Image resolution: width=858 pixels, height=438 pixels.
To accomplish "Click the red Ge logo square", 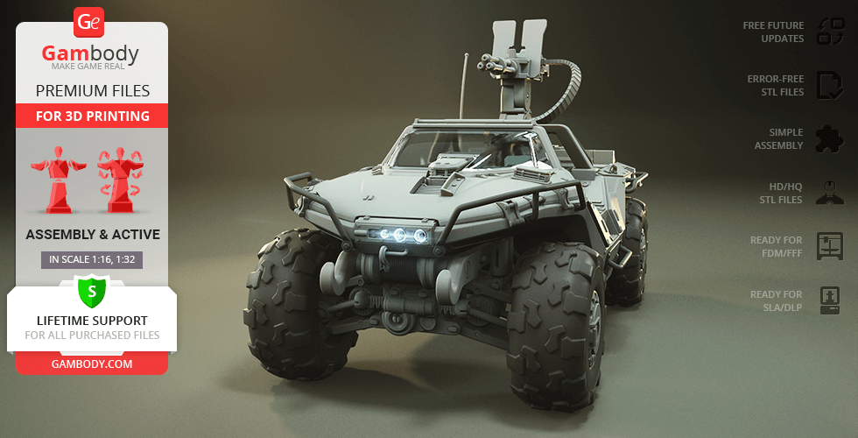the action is (88, 23).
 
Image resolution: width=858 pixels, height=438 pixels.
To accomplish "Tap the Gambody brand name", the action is (90, 53).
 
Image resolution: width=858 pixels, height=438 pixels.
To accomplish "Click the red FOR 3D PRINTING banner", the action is (92, 116).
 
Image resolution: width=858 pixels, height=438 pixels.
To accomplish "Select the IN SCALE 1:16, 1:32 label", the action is (92, 259).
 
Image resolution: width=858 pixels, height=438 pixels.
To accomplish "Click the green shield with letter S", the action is (92, 292).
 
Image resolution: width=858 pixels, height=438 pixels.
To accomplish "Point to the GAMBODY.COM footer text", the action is (92, 364).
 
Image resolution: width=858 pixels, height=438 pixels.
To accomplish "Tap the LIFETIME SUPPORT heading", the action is (92, 321).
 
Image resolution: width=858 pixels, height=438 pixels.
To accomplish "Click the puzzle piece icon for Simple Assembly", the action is (830, 139).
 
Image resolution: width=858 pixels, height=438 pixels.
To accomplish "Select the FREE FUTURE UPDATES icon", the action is (830, 32).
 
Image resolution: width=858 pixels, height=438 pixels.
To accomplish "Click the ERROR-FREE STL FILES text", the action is (776, 86).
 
